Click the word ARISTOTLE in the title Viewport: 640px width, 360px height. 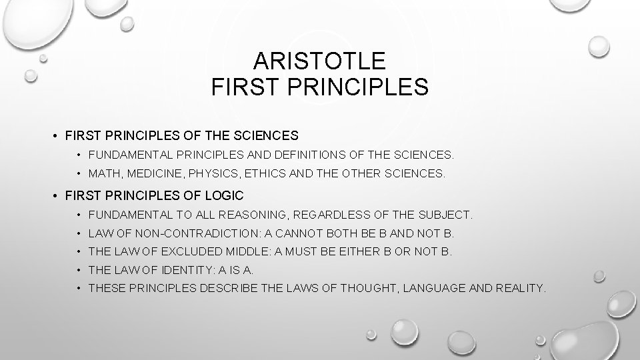(x=320, y=62)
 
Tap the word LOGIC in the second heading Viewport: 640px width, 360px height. (x=226, y=196)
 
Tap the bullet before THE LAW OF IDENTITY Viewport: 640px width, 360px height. (x=79, y=270)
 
